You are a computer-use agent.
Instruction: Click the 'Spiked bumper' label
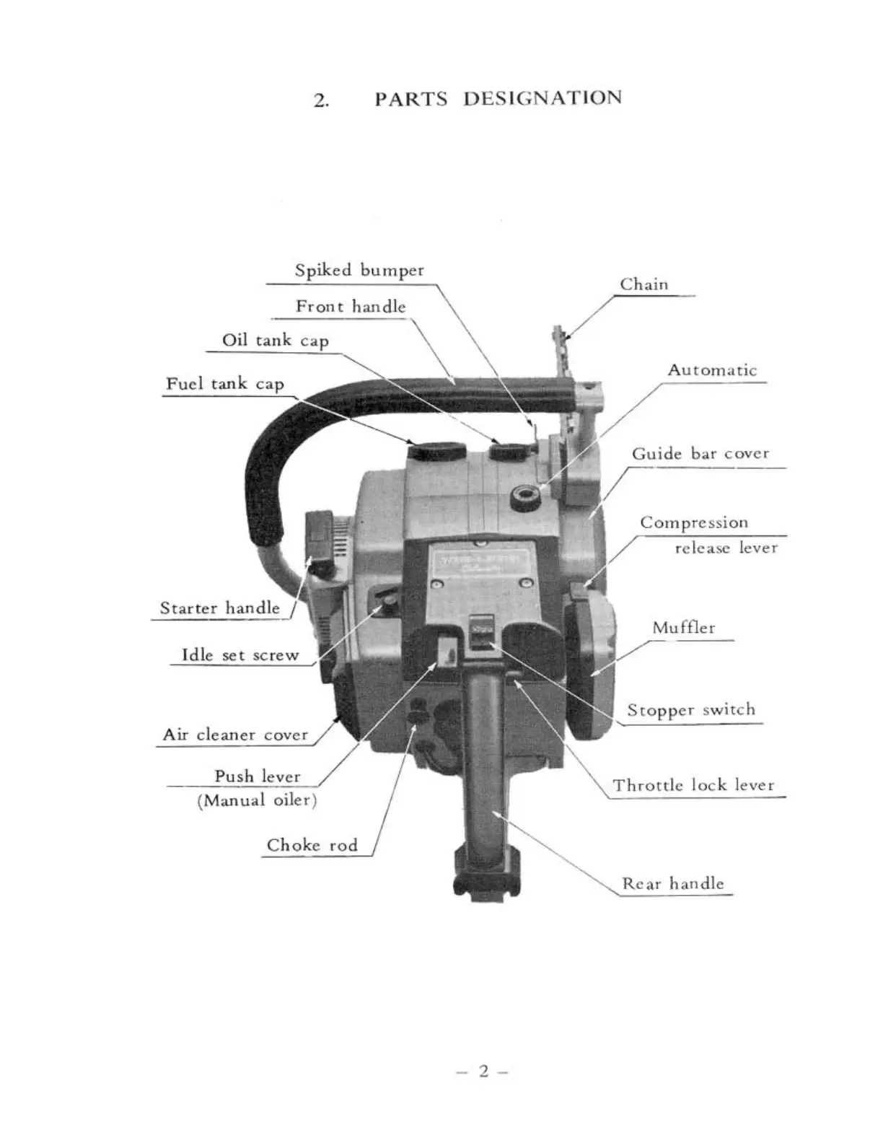(x=359, y=271)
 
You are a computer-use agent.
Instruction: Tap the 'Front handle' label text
(x=351, y=307)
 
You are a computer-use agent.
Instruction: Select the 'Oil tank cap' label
(x=275, y=341)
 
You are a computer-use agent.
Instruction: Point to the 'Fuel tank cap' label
(x=224, y=384)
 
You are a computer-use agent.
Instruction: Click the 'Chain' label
(x=643, y=284)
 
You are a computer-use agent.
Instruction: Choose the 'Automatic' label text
(x=711, y=370)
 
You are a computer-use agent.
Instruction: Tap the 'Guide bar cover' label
(x=700, y=454)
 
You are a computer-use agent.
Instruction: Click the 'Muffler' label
(x=683, y=628)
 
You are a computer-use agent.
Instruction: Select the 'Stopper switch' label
(x=690, y=710)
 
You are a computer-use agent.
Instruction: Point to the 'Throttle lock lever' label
(x=693, y=785)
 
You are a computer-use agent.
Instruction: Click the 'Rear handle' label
(x=672, y=883)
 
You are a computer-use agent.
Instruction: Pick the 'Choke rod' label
(x=312, y=845)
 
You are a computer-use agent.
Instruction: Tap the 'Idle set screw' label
(x=240, y=655)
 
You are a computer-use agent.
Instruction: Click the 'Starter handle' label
(x=219, y=608)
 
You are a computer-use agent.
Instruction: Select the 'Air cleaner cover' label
(x=235, y=735)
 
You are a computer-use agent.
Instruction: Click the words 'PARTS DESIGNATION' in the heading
(x=497, y=98)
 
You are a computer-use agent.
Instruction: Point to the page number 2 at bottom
(x=483, y=1071)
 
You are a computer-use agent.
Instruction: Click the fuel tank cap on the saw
(x=436, y=450)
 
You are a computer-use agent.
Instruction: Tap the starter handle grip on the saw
(x=319, y=535)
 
